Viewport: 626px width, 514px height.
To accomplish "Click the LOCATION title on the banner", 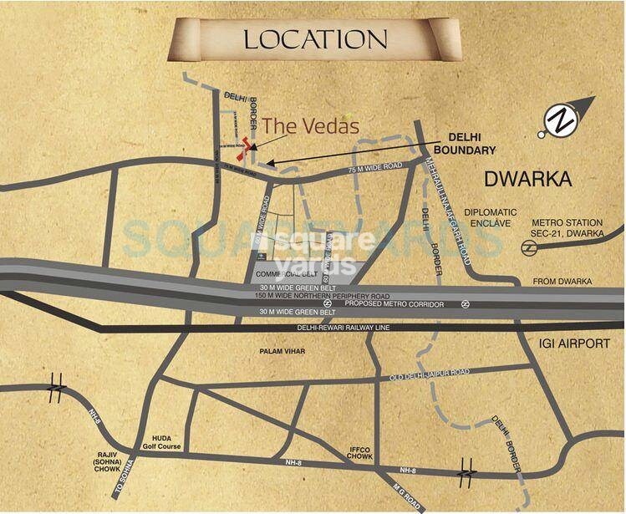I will click(x=315, y=39).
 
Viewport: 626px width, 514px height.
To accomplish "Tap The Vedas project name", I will click(x=311, y=127).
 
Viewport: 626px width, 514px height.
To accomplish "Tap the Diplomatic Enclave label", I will click(x=491, y=219).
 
